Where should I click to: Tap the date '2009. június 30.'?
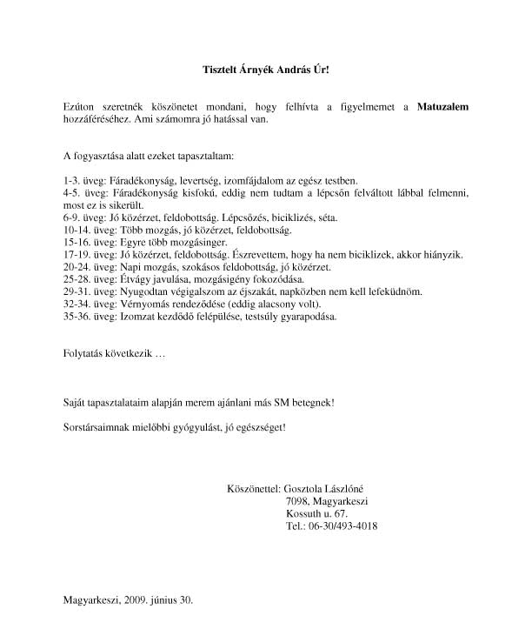tap(159, 599)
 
